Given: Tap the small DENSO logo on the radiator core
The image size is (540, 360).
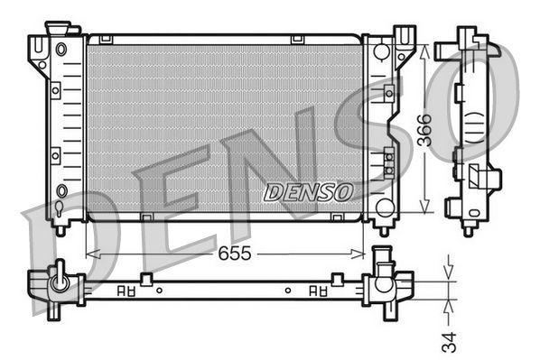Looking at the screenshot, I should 307,192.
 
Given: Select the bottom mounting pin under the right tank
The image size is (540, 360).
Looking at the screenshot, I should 384,229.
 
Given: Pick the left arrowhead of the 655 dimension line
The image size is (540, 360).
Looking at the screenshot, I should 89,254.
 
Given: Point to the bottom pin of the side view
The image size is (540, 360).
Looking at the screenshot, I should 468,228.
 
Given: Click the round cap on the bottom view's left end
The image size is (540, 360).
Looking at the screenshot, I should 60,282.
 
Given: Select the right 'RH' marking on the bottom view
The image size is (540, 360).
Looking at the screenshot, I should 319,291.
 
